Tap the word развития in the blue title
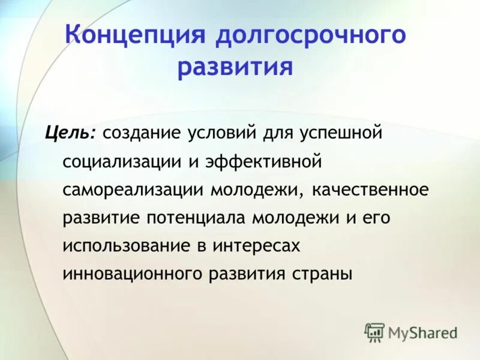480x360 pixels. coord(235,67)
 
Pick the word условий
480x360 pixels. coord(223,133)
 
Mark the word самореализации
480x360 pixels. coord(133,190)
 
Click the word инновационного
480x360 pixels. coord(132,275)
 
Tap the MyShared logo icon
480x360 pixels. coord(374,332)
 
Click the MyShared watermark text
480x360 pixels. coord(422,332)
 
